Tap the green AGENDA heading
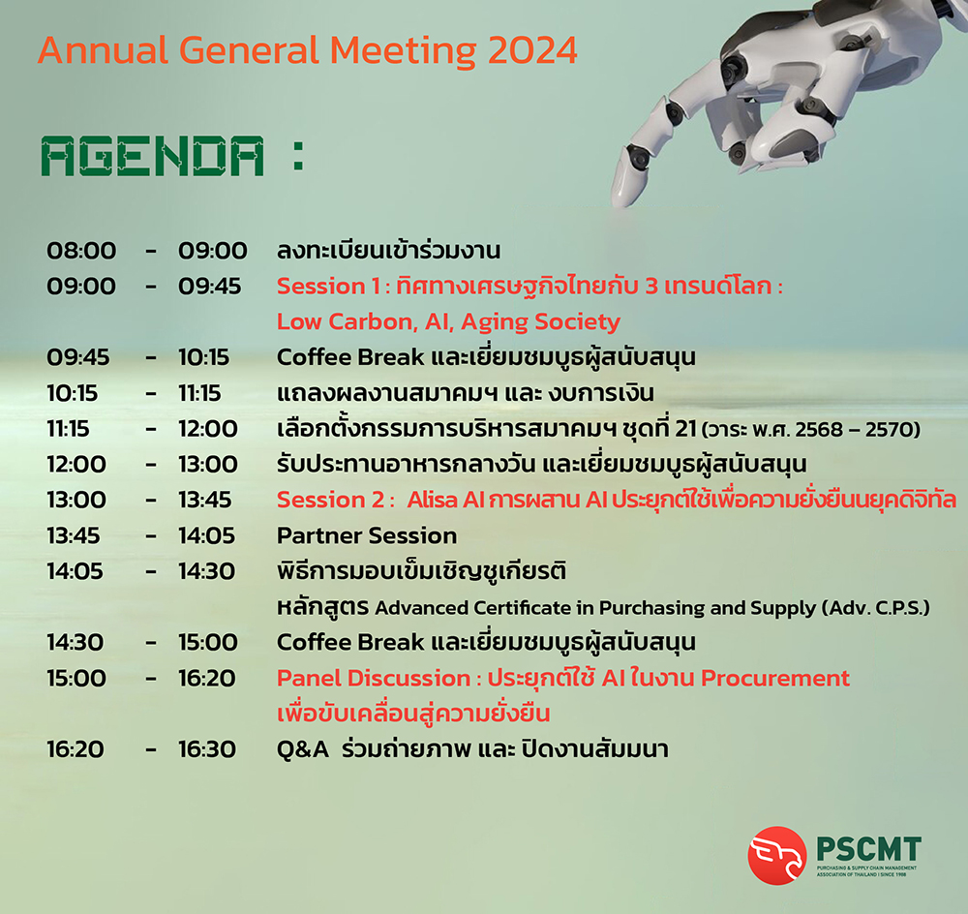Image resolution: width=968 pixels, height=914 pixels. (x=152, y=157)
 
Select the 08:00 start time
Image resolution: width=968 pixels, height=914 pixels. (x=81, y=251)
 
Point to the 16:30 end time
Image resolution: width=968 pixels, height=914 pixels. (x=207, y=749)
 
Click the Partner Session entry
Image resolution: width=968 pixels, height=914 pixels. (x=366, y=535)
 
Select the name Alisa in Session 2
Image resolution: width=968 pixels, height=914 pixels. (x=431, y=500)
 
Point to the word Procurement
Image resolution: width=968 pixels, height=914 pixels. (x=775, y=678)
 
